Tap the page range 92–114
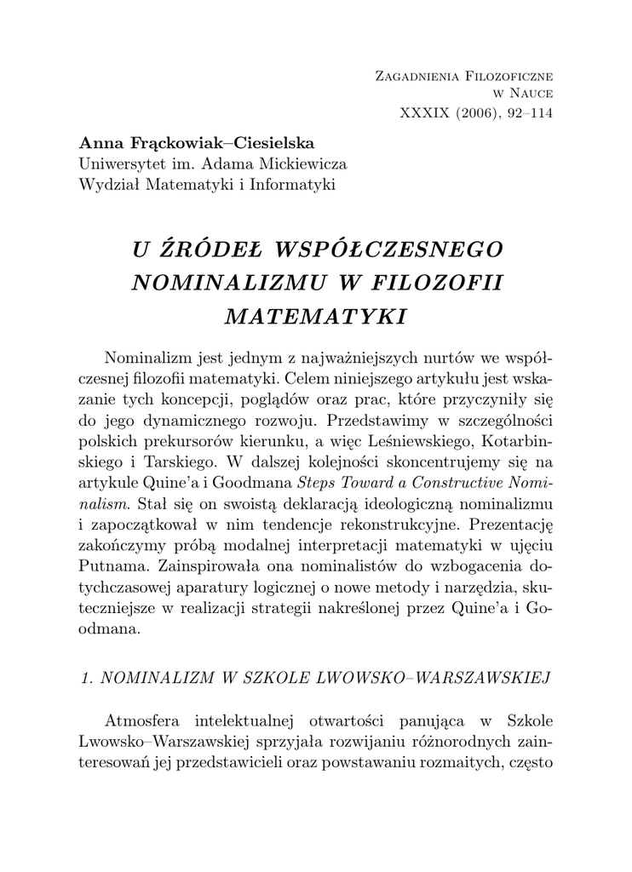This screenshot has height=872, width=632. point(526,116)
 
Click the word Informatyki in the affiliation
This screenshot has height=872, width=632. point(294,182)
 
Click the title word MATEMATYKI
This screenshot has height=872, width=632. point(315,316)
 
